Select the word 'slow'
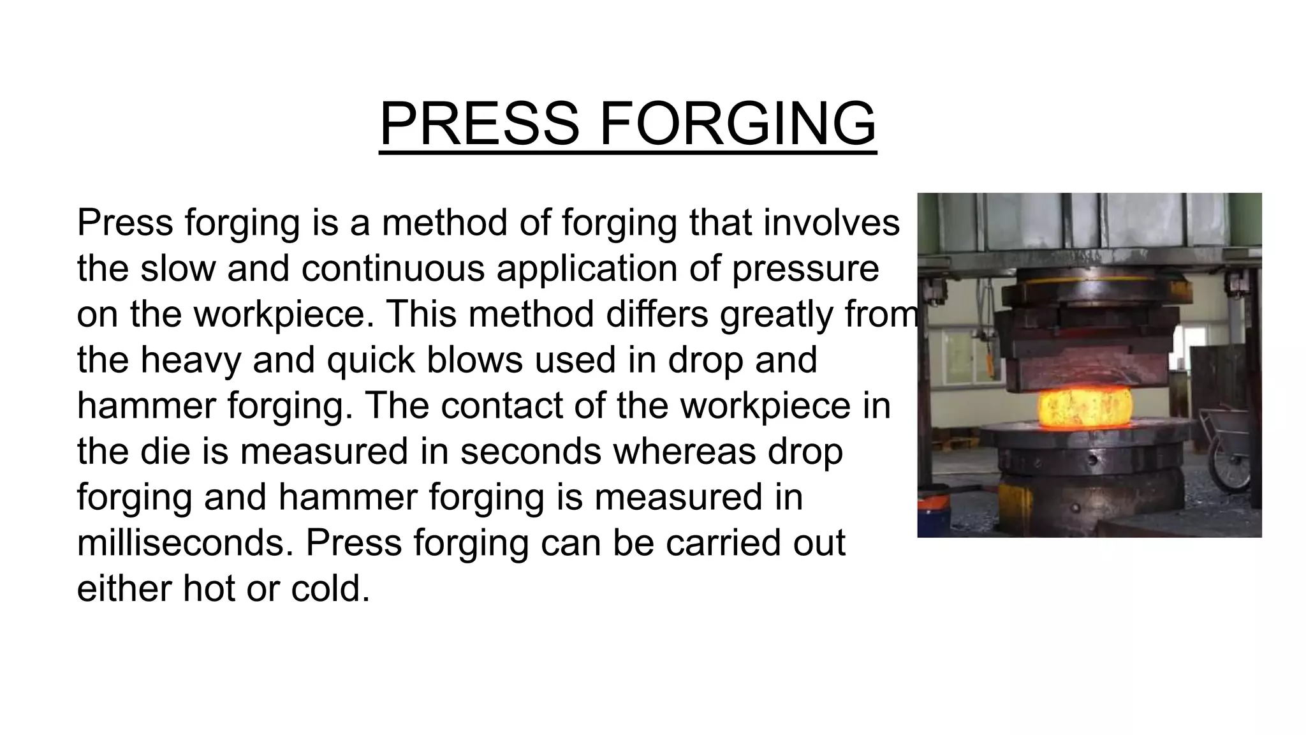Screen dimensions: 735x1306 coord(178,268)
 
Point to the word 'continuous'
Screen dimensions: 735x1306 coord(393,268)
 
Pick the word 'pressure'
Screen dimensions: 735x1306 coord(805,269)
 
